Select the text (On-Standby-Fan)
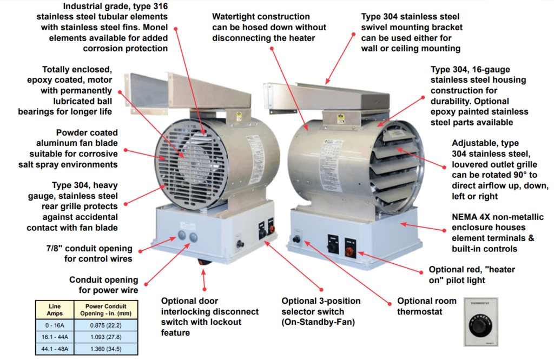pos(320,322)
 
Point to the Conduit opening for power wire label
pos(103,285)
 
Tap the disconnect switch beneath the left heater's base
pos(203,263)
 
